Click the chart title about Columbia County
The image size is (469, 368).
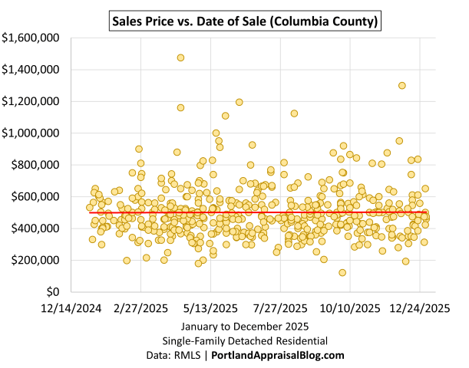(244, 19)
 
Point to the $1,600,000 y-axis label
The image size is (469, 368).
(33, 38)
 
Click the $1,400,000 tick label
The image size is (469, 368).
(33, 70)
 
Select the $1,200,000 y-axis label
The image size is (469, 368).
(33, 101)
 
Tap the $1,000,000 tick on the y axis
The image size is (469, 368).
(33, 133)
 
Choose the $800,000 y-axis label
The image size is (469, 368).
(37, 165)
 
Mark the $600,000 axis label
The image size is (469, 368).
(37, 197)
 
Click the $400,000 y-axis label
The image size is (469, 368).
(37, 228)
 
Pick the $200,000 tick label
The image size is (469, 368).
(37, 261)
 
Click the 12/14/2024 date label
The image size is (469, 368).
(72, 308)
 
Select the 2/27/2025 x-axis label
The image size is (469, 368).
(141, 308)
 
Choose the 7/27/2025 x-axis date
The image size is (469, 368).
(281, 308)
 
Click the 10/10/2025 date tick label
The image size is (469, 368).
(350, 308)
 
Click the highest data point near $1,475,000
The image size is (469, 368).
(180, 58)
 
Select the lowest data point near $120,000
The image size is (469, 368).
(342, 273)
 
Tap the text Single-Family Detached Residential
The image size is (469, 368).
(244, 340)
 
